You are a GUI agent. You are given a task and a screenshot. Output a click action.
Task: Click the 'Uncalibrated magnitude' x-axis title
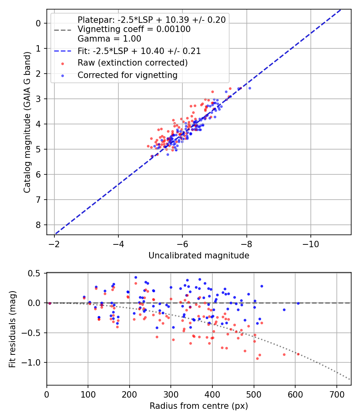199,256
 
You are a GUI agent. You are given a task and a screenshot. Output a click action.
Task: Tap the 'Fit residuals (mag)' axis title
12,329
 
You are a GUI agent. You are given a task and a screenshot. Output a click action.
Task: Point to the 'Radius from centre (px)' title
199,406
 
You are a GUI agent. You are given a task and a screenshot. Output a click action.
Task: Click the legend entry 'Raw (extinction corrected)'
132,63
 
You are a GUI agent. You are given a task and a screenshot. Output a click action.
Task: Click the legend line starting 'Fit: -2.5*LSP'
139,51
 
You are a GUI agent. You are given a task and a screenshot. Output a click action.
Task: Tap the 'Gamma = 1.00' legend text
109,39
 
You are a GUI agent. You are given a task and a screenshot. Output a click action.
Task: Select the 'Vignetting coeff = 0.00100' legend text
134,29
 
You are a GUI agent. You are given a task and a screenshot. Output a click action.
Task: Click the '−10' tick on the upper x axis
310,244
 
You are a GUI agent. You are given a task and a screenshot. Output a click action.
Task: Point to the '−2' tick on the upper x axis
54,244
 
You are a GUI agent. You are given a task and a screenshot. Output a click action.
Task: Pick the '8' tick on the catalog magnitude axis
38,225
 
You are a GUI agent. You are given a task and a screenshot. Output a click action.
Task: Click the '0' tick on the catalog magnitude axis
38,23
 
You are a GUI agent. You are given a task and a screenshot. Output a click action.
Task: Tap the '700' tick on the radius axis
336,394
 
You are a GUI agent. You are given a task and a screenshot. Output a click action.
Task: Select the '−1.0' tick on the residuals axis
34,362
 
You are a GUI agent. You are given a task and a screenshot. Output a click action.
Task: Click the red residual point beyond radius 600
298,354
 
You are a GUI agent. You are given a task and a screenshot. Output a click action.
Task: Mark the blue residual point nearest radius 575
284,310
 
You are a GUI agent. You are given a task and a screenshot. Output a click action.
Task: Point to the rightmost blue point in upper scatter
250,88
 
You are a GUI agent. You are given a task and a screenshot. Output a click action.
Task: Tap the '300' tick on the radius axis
171,394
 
